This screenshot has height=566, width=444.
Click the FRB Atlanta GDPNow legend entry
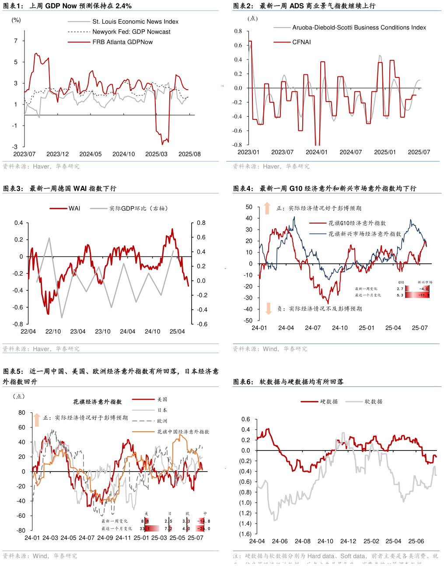click(x=122, y=42)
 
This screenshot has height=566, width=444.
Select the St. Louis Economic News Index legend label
click(x=135, y=21)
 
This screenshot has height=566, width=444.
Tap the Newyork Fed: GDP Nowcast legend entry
click(x=131, y=31)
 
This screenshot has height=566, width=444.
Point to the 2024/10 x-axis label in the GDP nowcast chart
click(x=123, y=154)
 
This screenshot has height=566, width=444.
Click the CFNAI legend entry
click(x=301, y=42)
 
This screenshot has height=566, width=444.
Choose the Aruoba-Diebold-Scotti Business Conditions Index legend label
click(x=359, y=28)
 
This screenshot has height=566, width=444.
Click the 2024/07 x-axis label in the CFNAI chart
click(x=350, y=152)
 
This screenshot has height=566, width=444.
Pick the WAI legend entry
click(x=74, y=208)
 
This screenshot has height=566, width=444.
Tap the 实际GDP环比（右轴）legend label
click(x=138, y=208)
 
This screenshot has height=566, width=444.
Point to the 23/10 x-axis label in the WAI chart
click(x=103, y=332)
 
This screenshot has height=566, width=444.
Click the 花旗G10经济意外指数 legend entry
click(x=357, y=223)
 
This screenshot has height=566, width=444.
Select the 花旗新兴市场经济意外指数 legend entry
click(x=364, y=234)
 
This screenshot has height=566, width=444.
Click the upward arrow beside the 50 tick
click(x=267, y=208)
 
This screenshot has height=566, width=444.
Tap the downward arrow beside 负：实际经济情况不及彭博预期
click(x=268, y=308)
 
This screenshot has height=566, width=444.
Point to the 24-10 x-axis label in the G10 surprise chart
click(x=339, y=328)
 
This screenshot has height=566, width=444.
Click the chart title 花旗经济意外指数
click(x=97, y=402)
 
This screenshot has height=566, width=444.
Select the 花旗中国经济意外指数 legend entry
click(x=183, y=432)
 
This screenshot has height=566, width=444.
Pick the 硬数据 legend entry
click(x=329, y=402)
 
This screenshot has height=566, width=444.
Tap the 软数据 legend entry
click(x=373, y=402)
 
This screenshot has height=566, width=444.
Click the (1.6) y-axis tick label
click(x=245, y=534)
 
